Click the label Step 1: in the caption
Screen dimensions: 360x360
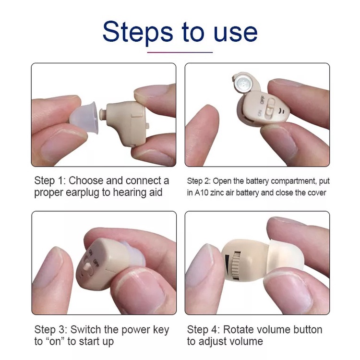pos(49,181)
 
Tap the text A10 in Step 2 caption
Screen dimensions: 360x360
pos(201,192)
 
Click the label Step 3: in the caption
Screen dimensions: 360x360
pos(50,330)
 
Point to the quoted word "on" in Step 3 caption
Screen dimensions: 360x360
pos(57,341)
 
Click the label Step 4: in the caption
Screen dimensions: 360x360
pos(203,330)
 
